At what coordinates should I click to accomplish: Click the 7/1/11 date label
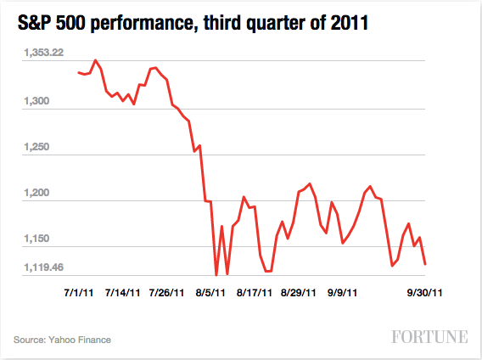tap(80, 293)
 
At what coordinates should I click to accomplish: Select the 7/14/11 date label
tap(123, 293)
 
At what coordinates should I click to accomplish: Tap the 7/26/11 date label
tap(166, 293)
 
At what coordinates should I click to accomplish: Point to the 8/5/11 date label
tap(210, 293)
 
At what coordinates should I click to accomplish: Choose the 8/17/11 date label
tap(255, 293)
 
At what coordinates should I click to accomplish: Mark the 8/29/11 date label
tap(300, 293)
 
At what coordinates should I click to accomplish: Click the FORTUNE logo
tap(430, 337)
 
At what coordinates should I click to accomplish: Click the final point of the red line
tap(425, 264)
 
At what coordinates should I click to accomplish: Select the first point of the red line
tap(78, 72)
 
